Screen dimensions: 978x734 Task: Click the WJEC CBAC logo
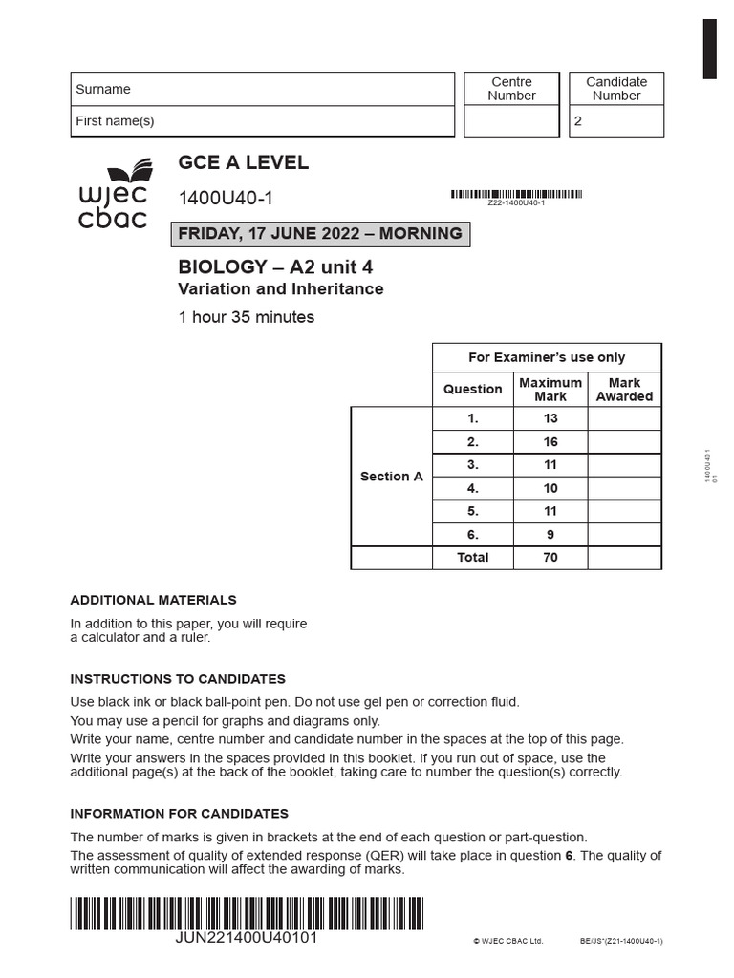[x=113, y=195]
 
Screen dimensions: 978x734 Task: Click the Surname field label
[x=103, y=89]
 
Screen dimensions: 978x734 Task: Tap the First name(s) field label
[x=115, y=121]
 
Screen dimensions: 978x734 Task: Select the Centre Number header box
[x=511, y=89]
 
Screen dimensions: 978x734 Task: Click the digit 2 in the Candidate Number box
[x=577, y=122]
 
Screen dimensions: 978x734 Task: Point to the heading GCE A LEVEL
[x=243, y=162]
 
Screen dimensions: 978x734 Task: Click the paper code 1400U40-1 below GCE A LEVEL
[x=226, y=199]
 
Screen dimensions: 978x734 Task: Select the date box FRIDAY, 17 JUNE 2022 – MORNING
[x=320, y=233]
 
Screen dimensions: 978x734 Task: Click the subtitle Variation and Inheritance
[x=281, y=288]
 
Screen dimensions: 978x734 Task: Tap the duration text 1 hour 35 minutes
[x=246, y=317]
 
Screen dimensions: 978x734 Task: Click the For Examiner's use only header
[x=546, y=357]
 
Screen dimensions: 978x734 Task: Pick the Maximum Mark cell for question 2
[x=550, y=442]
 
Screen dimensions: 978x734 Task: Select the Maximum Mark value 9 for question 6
[x=550, y=535]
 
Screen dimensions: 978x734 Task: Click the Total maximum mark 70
[x=550, y=558]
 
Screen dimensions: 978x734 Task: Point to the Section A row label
[x=391, y=477]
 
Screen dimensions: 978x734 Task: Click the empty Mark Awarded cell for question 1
[x=624, y=418]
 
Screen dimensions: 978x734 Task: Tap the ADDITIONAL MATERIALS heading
[x=153, y=600]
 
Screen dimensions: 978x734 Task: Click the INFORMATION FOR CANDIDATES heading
[x=179, y=814]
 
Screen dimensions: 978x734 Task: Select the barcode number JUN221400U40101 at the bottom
[x=247, y=938]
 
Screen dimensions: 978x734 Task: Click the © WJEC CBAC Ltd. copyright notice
[x=507, y=941]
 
